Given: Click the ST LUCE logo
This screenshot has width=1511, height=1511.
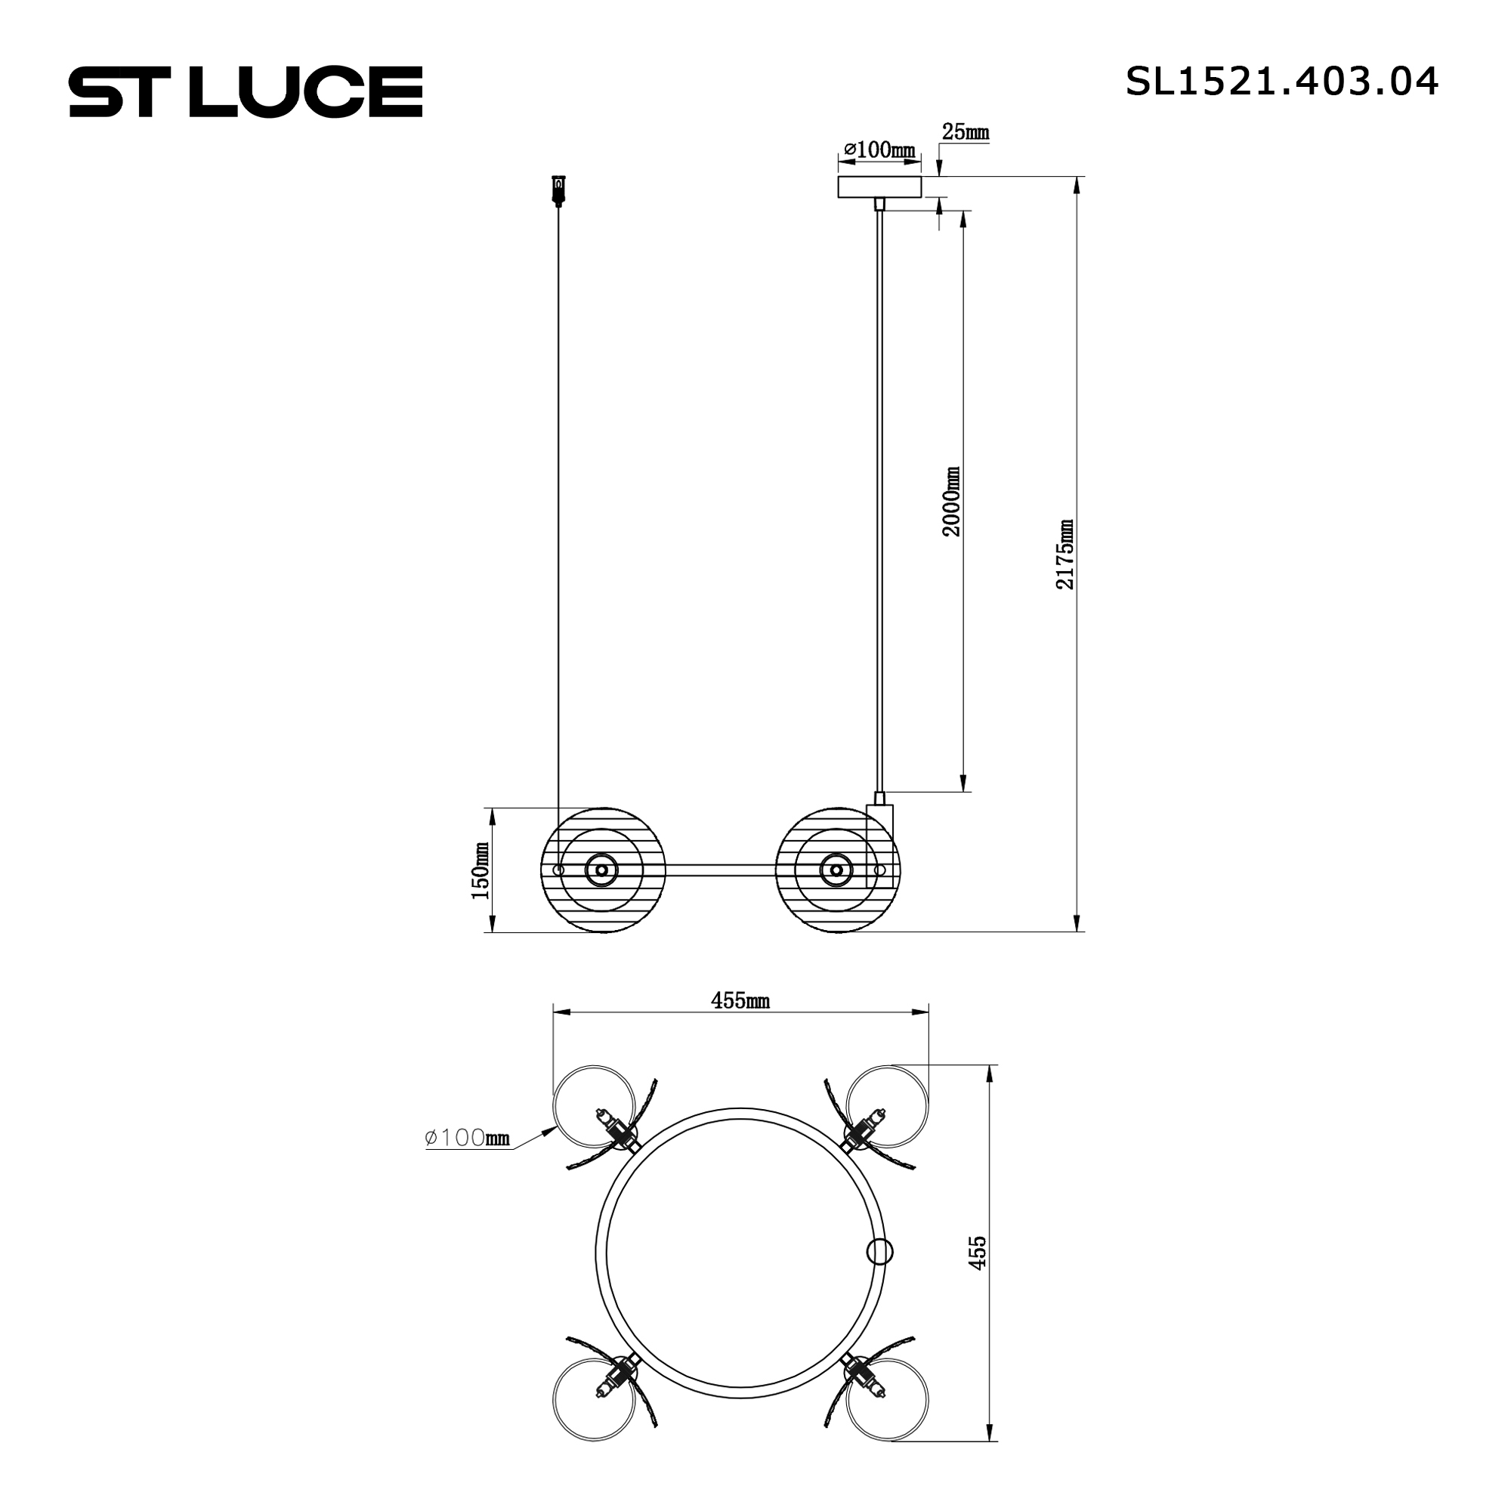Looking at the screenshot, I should pos(246,91).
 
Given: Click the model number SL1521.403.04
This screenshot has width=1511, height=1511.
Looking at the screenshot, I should pos(1281,82).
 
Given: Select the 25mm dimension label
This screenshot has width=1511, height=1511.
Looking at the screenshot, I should pos(965,132).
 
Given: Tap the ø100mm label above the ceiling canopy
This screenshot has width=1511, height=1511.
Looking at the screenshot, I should pos(879,150).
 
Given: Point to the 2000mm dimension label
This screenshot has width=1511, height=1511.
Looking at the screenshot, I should pos(951,502).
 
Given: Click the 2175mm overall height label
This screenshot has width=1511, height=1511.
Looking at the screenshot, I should pos(1064,554).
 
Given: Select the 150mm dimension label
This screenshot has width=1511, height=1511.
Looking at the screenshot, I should pos(480,870).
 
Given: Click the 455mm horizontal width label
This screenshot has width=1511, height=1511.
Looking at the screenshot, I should pos(740,1000).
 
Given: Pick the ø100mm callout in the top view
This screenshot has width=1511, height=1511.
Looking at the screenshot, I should pos(467,1138).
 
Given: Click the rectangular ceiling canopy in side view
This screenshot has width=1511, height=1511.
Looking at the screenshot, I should pos(879,187).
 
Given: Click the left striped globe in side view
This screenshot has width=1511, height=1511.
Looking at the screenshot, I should pos(602,870).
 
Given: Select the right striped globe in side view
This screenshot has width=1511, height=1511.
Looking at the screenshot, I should pos(836,870).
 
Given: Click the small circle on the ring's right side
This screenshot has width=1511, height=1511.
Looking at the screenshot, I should pos(880,1251).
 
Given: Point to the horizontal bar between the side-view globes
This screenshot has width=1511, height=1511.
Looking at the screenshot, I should pos(719,870).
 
